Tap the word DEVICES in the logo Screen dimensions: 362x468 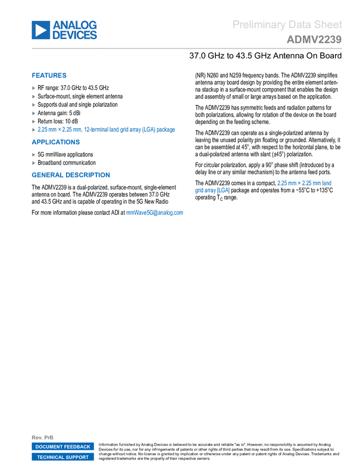pos(75,36)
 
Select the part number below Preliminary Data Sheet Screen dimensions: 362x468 pos(314,40)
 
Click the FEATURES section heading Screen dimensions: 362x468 pos(49,76)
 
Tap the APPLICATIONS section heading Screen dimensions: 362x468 pos(56,142)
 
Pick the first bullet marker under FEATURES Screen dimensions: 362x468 pos(34,88)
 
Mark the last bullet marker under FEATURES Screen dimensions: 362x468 pos(34,130)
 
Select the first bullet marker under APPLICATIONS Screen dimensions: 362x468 pos(34,155)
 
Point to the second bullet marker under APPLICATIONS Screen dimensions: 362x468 pos(34,163)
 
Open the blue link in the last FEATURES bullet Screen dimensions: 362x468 pos(106,130)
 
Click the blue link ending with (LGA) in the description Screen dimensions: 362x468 pos(212,191)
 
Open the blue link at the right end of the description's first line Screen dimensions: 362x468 pos(305,182)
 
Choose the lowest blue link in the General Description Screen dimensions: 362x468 pos(155,213)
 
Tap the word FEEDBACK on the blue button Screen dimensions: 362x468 pos(77,447)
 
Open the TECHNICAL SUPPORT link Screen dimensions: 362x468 pos(63,457)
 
